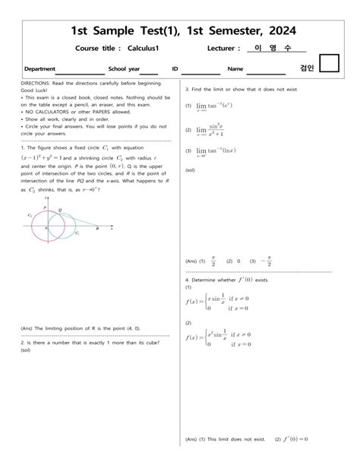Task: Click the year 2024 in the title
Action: (x=271, y=30)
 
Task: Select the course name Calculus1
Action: (x=147, y=49)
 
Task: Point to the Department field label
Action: (x=39, y=68)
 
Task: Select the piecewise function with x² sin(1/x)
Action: (x=221, y=338)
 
